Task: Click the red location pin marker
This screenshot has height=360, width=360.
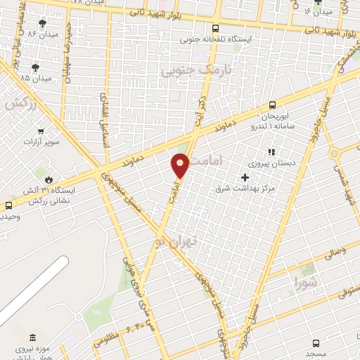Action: [x=180, y=165]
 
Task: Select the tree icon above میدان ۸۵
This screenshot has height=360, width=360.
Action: [x=34, y=67]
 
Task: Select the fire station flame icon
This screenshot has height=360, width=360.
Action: [x=49, y=179]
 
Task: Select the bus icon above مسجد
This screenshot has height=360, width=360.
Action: [x=316, y=343]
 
